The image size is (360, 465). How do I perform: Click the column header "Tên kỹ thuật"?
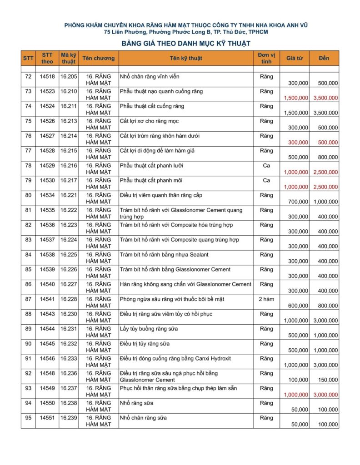tap(186, 58)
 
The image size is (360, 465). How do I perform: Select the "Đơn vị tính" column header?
tap(266, 58)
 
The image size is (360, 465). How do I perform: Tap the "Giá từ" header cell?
tap(295, 58)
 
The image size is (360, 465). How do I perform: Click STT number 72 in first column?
tap(28, 77)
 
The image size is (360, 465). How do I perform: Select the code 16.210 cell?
tap(68, 92)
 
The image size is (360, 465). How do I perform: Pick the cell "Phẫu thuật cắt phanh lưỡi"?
tap(151, 166)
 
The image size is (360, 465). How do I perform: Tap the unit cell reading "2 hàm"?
tap(266, 299)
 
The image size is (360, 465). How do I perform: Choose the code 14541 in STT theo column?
tap(47, 299)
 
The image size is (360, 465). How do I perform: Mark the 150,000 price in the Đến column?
tap(328, 380)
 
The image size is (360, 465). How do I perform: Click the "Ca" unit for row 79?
tap(266, 181)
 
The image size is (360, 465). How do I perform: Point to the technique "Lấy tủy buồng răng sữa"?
tap(149, 329)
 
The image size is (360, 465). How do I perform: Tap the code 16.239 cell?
tap(68, 418)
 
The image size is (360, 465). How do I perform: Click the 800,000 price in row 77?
tap(328, 157)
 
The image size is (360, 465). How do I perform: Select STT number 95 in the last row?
tap(28, 418)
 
